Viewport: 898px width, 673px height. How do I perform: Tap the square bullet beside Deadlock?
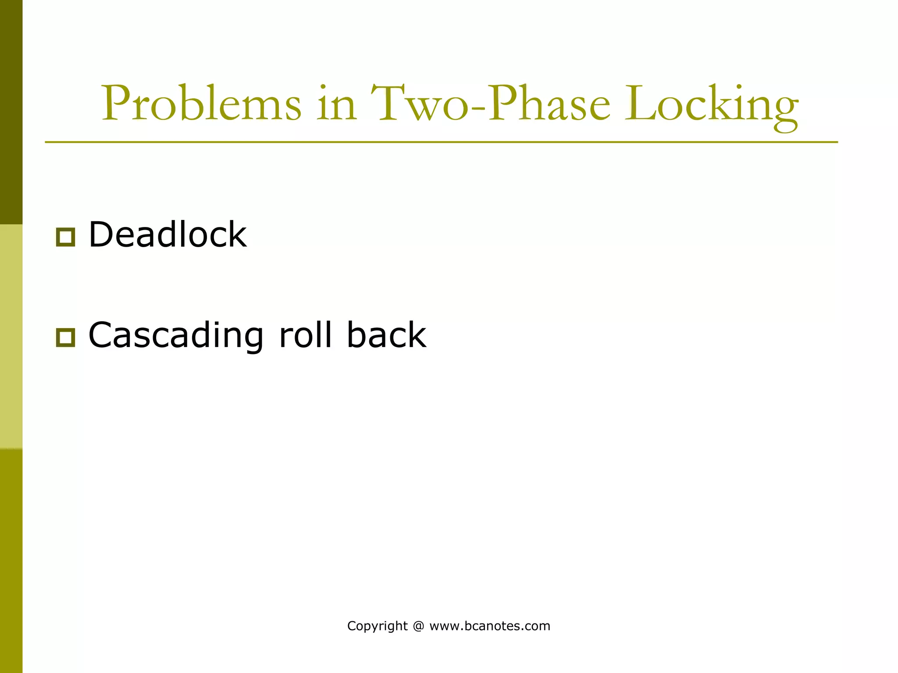point(65,237)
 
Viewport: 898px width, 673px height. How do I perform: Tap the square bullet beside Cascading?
point(65,337)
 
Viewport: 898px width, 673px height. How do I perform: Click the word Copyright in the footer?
point(377,626)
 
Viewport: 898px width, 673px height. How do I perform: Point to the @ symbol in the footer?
point(418,626)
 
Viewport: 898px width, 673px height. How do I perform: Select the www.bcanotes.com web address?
point(490,626)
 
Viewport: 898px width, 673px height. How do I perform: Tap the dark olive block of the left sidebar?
point(11,112)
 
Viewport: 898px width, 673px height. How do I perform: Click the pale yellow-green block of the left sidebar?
point(11,336)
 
